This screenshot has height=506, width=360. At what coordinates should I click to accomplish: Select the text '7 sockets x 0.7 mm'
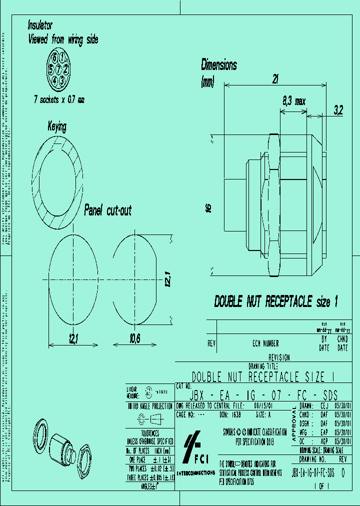59,100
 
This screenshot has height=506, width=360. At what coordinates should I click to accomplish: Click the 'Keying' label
56,127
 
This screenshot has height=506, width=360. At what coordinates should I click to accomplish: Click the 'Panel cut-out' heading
107,210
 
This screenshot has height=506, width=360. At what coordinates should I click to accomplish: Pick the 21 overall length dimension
275,78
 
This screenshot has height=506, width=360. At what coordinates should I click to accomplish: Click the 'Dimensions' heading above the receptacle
219,65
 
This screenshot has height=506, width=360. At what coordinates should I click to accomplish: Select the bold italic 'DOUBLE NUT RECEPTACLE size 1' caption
276,302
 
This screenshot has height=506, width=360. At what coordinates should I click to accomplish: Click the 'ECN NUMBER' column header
265,343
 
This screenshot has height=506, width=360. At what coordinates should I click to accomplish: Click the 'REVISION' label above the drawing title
278,357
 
